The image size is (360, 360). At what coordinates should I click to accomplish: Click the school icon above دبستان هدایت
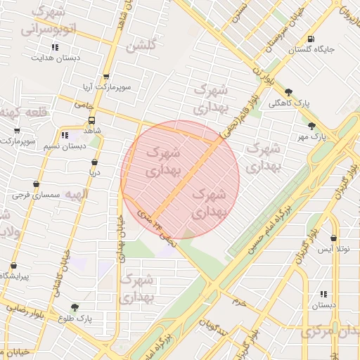(55, 47)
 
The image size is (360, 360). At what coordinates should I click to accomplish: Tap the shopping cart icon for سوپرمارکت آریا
(106, 77)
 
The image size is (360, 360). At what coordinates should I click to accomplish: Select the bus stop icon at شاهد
(92, 120)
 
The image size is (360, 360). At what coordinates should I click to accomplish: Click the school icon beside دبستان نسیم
(65, 134)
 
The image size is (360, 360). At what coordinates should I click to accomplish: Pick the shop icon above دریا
(94, 162)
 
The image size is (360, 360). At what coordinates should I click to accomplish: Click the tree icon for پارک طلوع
(75, 307)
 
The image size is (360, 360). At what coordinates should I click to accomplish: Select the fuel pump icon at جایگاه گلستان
(311, 39)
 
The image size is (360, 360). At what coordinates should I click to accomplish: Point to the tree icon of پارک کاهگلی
(288, 91)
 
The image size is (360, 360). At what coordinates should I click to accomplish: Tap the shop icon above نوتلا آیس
(333, 238)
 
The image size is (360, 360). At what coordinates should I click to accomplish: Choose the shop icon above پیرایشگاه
(13, 266)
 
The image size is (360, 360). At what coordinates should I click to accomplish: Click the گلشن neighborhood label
(141, 47)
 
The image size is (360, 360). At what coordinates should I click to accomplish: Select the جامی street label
(84, 104)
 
